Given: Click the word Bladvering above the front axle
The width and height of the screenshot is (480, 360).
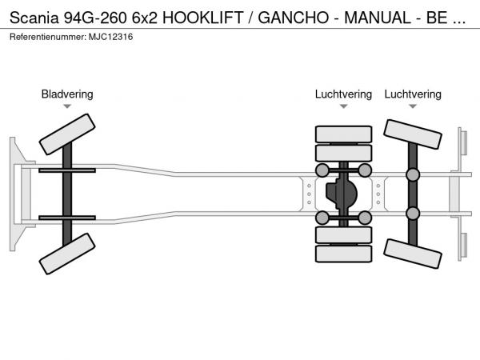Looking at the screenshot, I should coord(67,94).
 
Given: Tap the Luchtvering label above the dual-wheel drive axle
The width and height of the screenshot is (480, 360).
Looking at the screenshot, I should coord(343,94).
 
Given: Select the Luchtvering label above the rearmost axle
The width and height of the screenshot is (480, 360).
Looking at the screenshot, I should coord(413,94).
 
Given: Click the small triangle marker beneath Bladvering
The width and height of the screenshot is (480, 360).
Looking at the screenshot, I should coord(67,106).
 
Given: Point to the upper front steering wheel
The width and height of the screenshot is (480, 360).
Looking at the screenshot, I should coord(67,134).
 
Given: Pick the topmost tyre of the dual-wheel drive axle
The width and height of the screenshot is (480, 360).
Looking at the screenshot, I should coord(343,134).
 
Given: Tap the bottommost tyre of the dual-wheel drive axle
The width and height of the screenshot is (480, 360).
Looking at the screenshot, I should coord(343,254).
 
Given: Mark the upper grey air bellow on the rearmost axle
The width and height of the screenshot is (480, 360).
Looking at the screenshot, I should coord(413,175).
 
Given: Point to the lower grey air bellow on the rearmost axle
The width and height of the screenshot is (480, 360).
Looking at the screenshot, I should coord(413,213).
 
